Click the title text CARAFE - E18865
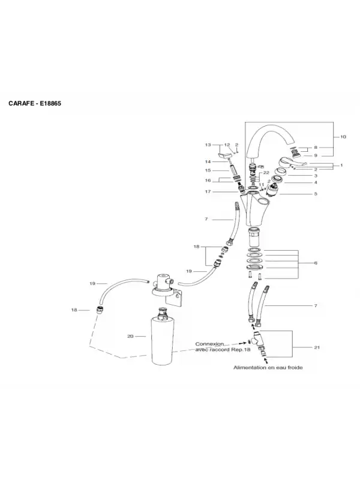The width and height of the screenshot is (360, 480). tap(35, 103)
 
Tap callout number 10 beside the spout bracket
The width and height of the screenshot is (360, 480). tap(343, 137)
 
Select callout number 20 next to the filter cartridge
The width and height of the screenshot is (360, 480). tap(130, 336)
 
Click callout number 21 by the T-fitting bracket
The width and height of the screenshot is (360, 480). tap(317, 347)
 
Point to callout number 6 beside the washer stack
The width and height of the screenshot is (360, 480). tap(316, 263)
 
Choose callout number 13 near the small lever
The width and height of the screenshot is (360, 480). tap(208, 145)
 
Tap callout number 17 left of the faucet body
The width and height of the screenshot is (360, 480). tap(208, 191)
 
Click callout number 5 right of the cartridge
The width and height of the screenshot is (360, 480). tap(316, 194)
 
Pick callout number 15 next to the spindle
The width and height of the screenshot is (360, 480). tap(208, 170)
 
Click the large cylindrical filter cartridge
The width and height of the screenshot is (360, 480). tap(162, 338)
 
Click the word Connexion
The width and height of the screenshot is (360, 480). tap(209, 344)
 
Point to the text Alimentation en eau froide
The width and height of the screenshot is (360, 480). tap(268, 367)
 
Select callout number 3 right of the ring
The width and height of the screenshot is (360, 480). tap(316, 176)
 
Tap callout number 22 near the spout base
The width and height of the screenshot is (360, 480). tap(266, 173)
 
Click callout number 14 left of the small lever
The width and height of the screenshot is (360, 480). tap(208, 162)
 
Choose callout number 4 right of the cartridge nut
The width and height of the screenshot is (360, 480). tap(316, 182)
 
